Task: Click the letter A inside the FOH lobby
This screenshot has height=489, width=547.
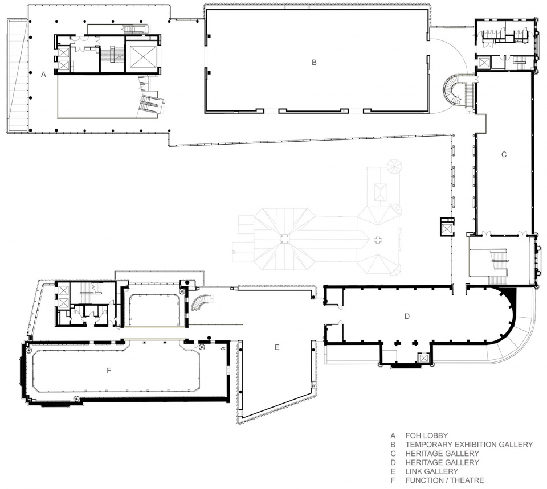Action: coord(43,74)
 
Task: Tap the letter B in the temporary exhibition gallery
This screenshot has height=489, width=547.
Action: coord(314,63)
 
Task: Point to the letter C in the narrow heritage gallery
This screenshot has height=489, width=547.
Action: coord(504,154)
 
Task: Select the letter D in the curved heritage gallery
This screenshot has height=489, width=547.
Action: coord(407,316)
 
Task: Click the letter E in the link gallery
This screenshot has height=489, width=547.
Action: coord(277,347)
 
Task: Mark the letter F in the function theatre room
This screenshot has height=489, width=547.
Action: coord(108,371)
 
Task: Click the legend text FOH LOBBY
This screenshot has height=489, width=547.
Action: coord(427,435)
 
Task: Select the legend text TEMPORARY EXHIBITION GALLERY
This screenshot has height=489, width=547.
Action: coord(469,445)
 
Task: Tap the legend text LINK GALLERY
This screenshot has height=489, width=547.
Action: coord(432,471)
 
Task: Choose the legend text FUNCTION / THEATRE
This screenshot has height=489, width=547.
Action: coord(445,480)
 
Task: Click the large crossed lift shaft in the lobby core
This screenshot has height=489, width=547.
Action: coord(142,56)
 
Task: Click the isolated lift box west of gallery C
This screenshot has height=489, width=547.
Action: coord(447,227)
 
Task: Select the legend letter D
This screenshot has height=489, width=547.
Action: coord(393,462)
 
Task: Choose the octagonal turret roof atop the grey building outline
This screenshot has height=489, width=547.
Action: coord(393,166)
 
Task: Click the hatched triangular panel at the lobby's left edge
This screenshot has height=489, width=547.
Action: coord(17,75)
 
